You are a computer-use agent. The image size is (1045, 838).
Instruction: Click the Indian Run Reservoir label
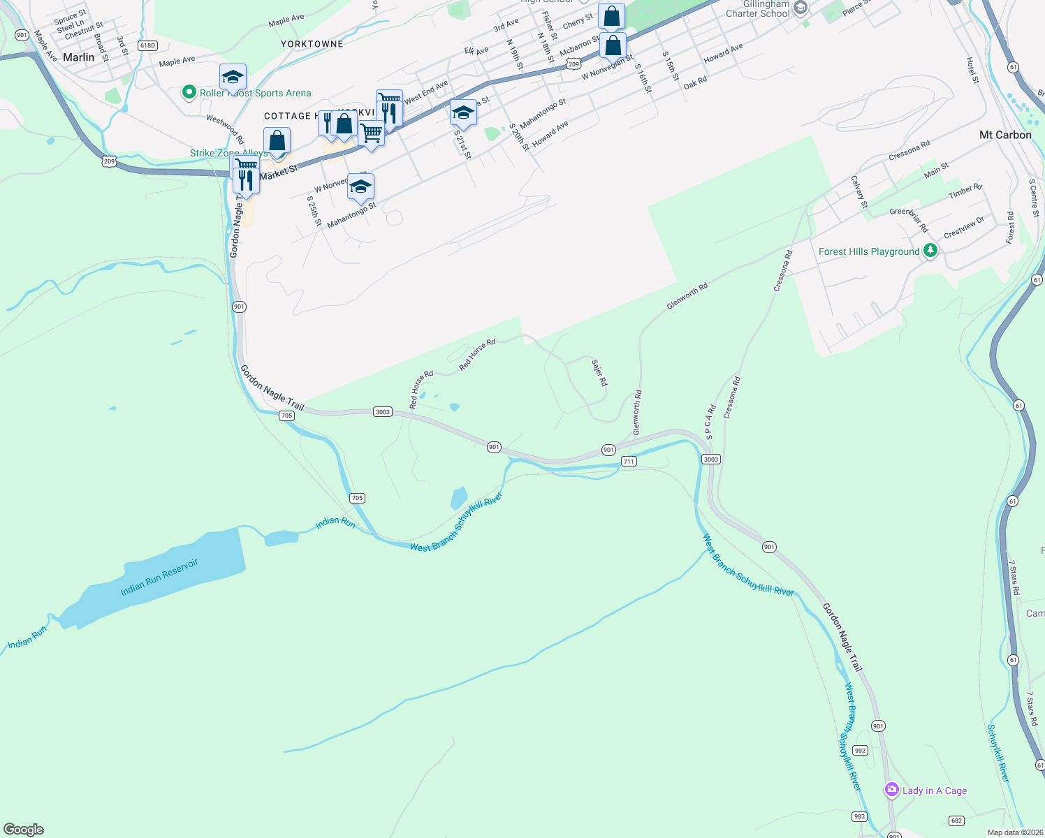click(159, 577)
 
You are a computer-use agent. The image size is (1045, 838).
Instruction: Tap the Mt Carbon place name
click(1005, 135)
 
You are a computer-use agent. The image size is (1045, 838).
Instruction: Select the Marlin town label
click(78, 57)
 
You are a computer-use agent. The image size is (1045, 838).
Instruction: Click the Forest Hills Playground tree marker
click(930, 251)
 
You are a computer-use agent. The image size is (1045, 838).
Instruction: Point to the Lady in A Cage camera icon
click(891, 790)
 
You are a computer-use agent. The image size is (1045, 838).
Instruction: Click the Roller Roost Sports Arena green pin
click(188, 92)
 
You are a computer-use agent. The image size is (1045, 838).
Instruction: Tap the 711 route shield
click(629, 462)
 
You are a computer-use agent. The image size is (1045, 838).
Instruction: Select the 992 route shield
click(860, 751)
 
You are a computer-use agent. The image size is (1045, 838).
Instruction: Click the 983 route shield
click(859, 816)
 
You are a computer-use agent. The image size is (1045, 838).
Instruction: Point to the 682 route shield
click(956, 821)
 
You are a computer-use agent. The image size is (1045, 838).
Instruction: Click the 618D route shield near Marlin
click(147, 45)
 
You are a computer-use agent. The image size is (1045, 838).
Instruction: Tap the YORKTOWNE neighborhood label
click(312, 44)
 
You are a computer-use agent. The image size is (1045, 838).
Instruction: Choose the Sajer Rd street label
click(599, 373)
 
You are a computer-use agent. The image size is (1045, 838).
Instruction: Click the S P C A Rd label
click(710, 422)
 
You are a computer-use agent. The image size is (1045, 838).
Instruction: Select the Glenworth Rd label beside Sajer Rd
click(637, 413)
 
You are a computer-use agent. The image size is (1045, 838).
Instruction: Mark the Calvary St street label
click(859, 191)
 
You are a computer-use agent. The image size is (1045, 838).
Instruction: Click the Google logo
click(24, 830)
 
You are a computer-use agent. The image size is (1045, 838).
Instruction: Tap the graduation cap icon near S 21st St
click(463, 112)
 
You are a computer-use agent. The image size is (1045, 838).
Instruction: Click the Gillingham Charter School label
click(757, 8)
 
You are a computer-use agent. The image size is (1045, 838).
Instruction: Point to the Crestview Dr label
click(964, 227)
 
